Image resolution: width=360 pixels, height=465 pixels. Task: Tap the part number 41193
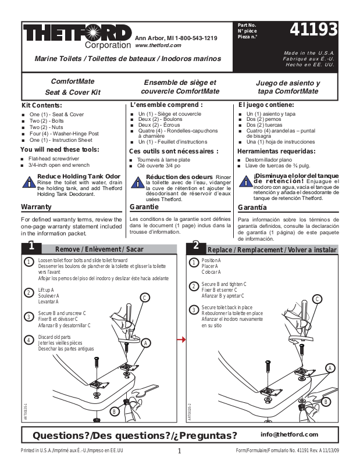pos(316,30)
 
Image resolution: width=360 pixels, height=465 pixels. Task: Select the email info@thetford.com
pos(289,434)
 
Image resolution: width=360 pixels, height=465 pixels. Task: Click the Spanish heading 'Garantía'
pos(253,207)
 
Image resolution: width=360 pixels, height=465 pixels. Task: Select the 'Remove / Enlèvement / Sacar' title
pos(99,249)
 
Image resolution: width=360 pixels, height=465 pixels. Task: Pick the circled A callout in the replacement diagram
pos(330,367)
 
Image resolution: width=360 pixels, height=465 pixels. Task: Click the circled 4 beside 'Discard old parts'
pos(28,339)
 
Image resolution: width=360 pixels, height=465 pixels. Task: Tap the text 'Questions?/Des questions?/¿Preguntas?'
pos(135,435)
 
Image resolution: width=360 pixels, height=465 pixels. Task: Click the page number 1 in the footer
pos(180,451)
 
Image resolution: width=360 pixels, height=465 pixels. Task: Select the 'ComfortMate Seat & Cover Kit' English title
pos(73,87)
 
